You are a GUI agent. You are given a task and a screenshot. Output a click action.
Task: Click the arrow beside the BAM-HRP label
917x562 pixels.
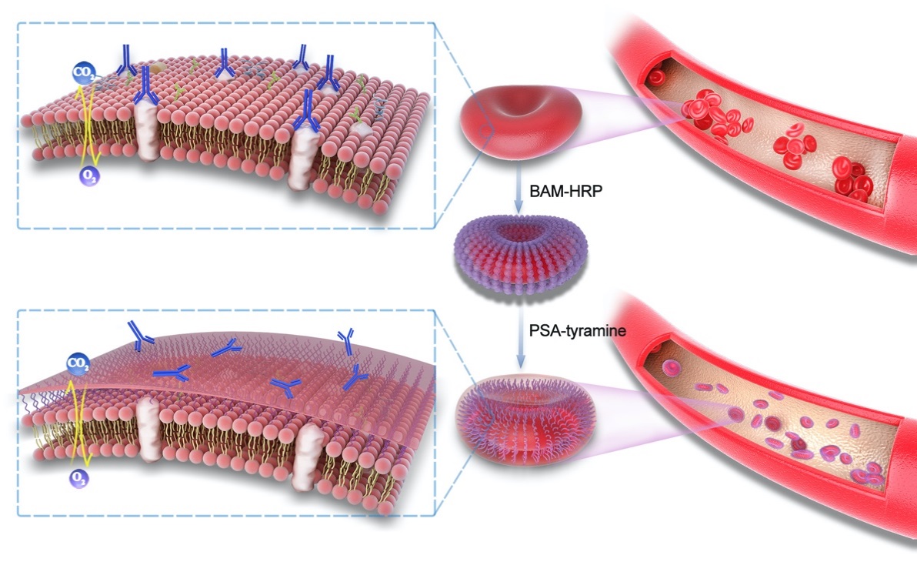pyautogui.click(x=519, y=189)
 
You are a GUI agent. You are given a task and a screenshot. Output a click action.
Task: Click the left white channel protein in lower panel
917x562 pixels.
pyautogui.click(x=147, y=423)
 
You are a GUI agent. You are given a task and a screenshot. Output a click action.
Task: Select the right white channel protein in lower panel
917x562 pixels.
pyautogui.click(x=311, y=457)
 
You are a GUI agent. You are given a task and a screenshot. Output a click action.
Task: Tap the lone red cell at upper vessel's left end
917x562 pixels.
pyautogui.click(x=655, y=77)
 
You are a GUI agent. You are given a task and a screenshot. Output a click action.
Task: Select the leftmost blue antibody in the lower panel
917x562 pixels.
pyautogui.click(x=140, y=336)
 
